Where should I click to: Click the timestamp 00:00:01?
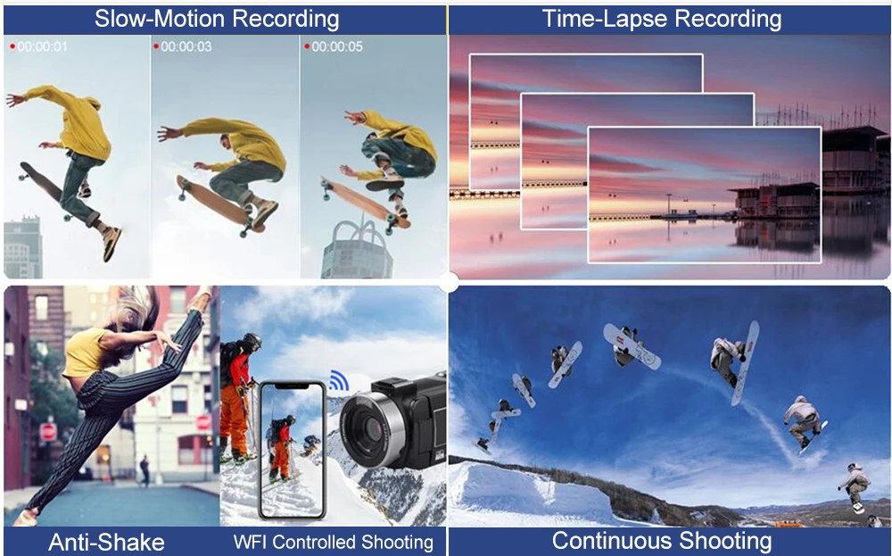click(43, 46)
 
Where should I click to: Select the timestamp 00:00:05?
click(336, 46)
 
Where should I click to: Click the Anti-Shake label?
click(106, 542)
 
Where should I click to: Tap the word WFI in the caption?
click(250, 542)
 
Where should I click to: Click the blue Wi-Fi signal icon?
click(338, 381)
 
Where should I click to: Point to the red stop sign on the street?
click(48, 432)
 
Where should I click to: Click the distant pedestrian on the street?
click(144, 470)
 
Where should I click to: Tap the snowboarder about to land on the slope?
click(855, 487)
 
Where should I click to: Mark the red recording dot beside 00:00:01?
click(12, 46)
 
